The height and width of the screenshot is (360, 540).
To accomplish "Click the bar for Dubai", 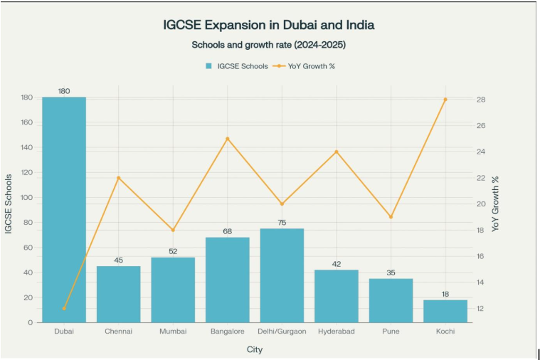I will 64,210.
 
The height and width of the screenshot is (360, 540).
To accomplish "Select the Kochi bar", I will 445,312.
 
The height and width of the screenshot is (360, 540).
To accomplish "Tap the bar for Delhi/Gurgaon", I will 282,275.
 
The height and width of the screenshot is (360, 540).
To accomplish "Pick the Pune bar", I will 391,300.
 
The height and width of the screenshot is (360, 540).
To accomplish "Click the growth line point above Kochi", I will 445,100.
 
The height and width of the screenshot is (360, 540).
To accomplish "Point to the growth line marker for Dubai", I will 64,308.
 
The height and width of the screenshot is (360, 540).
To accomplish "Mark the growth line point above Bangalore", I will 228,139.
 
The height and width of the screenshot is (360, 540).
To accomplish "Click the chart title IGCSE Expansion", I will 269,25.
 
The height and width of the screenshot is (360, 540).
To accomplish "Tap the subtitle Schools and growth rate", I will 269,45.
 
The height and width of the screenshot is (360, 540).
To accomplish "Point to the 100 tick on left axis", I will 28,198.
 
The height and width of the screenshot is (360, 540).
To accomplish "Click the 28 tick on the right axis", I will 481,100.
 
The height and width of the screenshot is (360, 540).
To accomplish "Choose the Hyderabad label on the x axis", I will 337,332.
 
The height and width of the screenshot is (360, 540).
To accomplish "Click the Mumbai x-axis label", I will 173,332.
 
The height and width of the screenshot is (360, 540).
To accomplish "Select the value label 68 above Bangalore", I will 228,231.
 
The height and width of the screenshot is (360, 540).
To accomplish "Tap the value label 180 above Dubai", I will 64,91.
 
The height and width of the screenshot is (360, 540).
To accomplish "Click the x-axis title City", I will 255,349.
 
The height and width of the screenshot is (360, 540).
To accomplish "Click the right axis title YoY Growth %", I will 496,204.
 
